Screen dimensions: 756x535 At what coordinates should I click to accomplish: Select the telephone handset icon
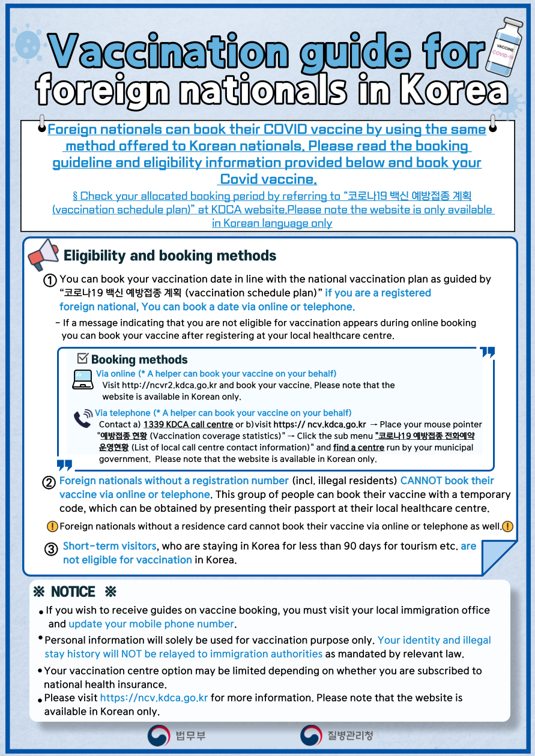coord(83,418)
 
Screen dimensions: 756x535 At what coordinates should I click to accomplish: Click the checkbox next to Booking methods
coord(83,359)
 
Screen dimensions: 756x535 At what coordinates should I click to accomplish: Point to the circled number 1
coord(50,280)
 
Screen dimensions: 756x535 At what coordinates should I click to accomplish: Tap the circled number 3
coord(52,549)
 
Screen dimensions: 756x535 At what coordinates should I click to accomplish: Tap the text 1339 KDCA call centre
coord(188,425)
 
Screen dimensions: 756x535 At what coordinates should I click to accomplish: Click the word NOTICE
coord(73,592)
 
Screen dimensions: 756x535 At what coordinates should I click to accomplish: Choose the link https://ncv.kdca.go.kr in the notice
coord(154,698)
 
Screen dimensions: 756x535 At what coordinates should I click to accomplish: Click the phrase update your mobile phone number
coord(151,624)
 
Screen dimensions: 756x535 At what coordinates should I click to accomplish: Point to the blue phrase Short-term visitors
coord(110,547)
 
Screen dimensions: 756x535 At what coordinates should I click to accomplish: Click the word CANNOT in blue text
coord(423,481)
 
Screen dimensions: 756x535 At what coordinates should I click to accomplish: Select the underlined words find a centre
coord(358,448)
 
